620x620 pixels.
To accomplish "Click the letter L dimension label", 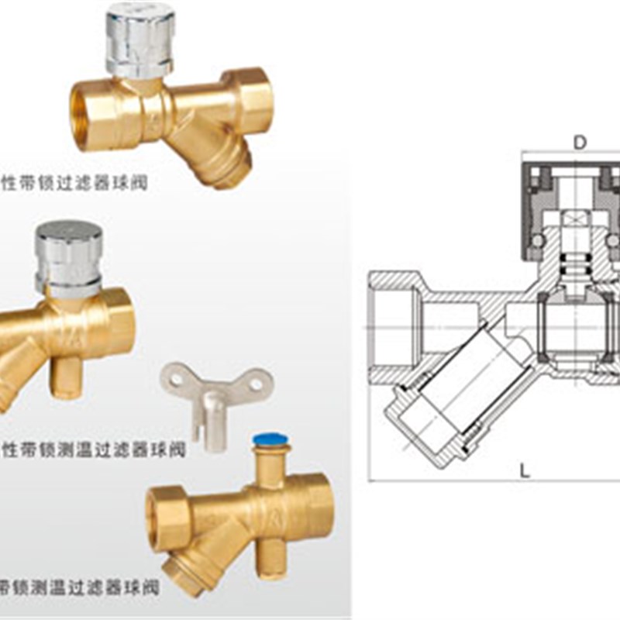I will [525, 470].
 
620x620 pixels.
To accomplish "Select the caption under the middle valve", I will [93, 450].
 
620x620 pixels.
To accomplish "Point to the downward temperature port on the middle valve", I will [67, 376].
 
